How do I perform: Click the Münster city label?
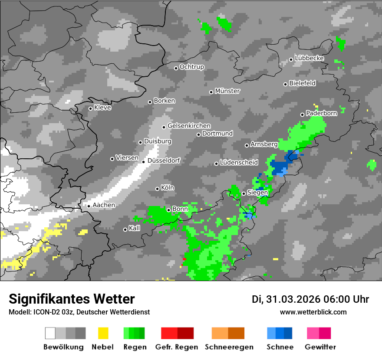pyautogui.click(x=227, y=91)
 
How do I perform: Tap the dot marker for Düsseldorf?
pyautogui.click(x=144, y=162)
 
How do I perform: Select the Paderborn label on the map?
pyautogui.click(x=322, y=113)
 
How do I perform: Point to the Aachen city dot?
pyautogui.click(x=89, y=206)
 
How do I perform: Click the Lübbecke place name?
pyautogui.click(x=310, y=58)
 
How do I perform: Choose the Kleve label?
pyautogui.click(x=103, y=108)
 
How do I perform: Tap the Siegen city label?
pyautogui.click(x=257, y=193)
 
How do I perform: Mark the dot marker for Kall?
pyautogui.click(x=125, y=229)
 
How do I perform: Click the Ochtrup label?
pyautogui.click(x=192, y=67)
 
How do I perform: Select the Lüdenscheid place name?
pyautogui.click(x=239, y=162)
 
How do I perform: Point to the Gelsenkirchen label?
pyautogui.click(x=189, y=126)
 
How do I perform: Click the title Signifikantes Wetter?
pyautogui.click(x=72, y=299)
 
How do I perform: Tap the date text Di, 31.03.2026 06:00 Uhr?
pyautogui.click(x=310, y=299)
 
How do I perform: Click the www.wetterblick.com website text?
pyautogui.click(x=313, y=312)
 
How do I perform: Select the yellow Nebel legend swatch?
pyautogui.click(x=103, y=333)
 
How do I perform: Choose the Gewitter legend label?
pyautogui.click(x=320, y=347)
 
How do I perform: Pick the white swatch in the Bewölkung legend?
pyautogui.click(x=50, y=333)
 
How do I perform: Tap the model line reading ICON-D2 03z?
pyautogui.click(x=79, y=312)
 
